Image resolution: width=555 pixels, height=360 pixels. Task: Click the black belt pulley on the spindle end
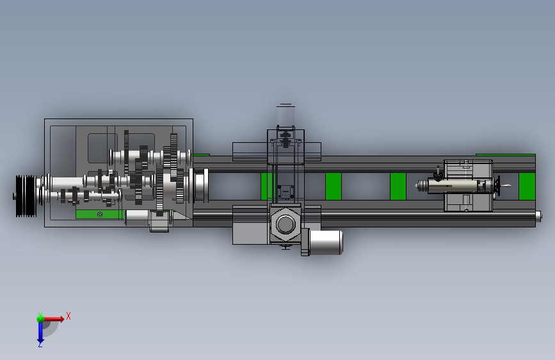coord(26,195)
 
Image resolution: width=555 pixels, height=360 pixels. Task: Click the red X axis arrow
coord(53,319)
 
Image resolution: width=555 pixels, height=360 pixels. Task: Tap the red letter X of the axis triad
coord(68,316)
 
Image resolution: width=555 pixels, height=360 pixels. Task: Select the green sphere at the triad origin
coord(40,319)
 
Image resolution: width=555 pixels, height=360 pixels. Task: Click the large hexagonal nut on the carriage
coord(286,224)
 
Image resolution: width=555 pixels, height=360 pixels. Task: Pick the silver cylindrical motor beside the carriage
coord(326,242)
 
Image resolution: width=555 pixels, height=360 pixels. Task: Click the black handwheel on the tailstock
coord(497,186)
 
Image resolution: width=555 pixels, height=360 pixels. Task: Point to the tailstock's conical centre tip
coord(421,186)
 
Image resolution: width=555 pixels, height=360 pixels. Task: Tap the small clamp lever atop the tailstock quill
coord(438,174)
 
